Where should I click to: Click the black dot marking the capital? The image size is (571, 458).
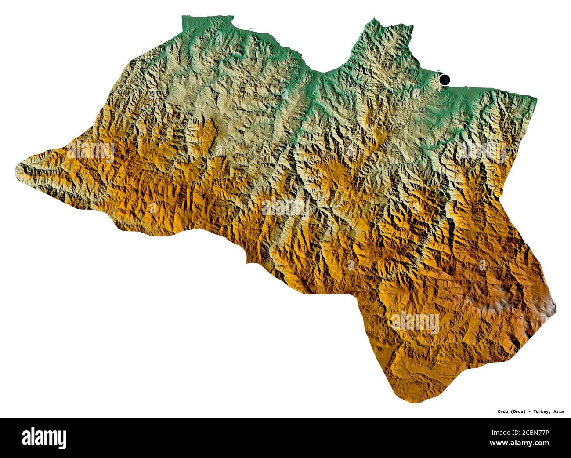445,80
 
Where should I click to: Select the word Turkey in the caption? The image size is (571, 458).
542,412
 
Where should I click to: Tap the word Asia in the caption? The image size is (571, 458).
559,412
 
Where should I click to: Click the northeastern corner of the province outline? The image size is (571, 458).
536,98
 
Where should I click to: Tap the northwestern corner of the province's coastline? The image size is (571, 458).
183,18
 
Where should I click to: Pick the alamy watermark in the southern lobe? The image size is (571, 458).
415,322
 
